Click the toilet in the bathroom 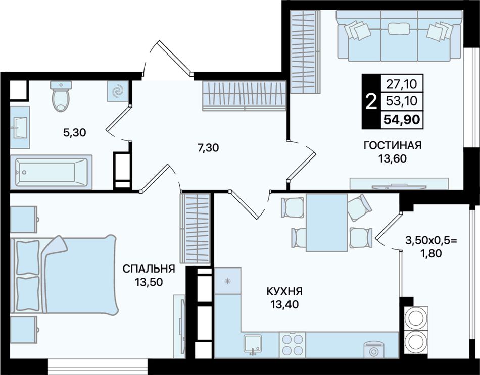click(x=61, y=96)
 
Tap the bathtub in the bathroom click(x=51, y=172)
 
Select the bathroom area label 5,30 click(x=74, y=133)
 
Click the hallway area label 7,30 click(x=208, y=148)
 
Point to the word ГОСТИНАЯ click(x=393, y=145)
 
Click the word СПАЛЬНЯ click(x=149, y=269)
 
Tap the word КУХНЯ click(x=284, y=291)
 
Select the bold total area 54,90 click(x=402, y=119)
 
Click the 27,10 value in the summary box click(x=402, y=84)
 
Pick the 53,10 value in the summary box click(x=402, y=101)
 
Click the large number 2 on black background click(x=371, y=102)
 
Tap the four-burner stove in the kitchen click(x=293, y=345)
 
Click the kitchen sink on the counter click(x=253, y=345)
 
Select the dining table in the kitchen click(x=326, y=223)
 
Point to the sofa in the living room click(x=399, y=35)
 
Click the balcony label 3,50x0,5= click(x=431, y=240)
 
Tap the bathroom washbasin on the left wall click(x=20, y=127)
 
